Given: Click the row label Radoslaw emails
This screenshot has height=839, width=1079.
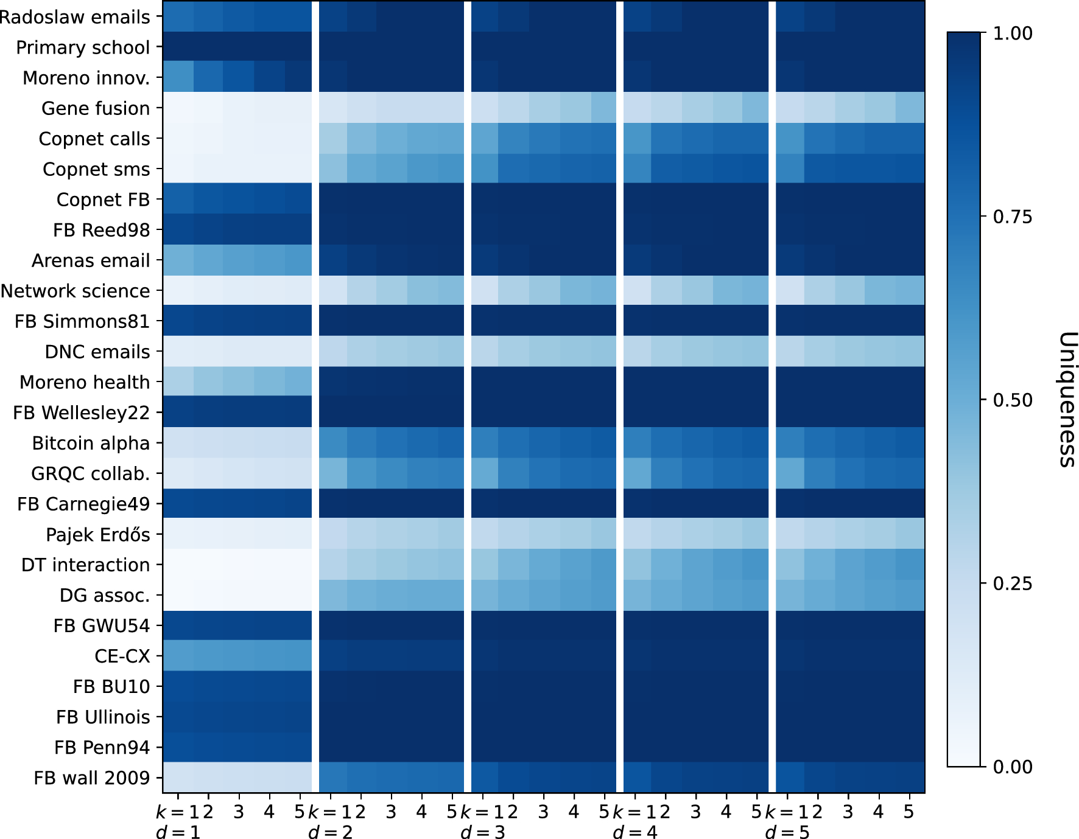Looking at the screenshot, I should coord(74,17).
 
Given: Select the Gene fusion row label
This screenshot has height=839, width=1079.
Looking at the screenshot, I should coord(96,108).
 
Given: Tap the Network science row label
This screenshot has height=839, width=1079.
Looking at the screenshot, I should coord(75,291).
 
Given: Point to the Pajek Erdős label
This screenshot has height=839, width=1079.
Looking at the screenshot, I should coord(98,535).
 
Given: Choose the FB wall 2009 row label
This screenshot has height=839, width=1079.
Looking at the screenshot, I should coord(91,778).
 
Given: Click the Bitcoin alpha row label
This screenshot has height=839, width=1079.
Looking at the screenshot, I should coord(91,443).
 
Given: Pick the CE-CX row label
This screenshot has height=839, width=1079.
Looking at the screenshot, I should coord(122,656).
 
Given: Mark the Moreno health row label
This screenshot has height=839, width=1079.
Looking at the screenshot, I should coord(85,382).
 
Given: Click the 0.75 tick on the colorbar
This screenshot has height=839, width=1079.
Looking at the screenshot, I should coord(1013,217).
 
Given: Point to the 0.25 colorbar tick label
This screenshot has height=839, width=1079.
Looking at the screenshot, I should coord(1013,583).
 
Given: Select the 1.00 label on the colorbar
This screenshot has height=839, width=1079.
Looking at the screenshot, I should coord(1013,33).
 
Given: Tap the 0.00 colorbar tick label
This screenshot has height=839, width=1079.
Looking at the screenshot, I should coord(1013,767).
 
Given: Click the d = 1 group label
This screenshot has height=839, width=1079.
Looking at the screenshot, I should coord(178,832).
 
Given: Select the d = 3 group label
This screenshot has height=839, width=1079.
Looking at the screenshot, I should coord(483,832).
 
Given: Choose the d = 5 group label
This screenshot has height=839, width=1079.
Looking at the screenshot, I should coord(787,832).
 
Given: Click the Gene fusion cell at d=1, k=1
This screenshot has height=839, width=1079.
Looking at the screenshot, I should coord(178,108).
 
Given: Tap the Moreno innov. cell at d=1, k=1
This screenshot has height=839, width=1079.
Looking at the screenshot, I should coord(178,78).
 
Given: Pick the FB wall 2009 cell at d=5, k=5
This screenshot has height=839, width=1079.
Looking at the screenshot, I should coord(909,778).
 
